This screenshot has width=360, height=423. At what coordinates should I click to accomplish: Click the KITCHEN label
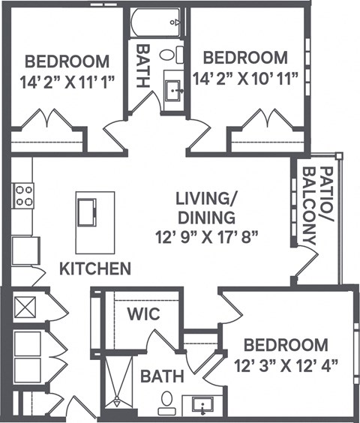point(96,268)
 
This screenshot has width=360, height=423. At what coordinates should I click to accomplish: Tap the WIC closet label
point(142,313)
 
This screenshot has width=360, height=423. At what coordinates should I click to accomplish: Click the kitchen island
point(95,221)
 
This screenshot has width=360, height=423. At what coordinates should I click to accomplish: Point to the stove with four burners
point(23,195)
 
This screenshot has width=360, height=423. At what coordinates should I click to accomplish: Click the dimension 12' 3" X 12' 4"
point(286,365)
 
